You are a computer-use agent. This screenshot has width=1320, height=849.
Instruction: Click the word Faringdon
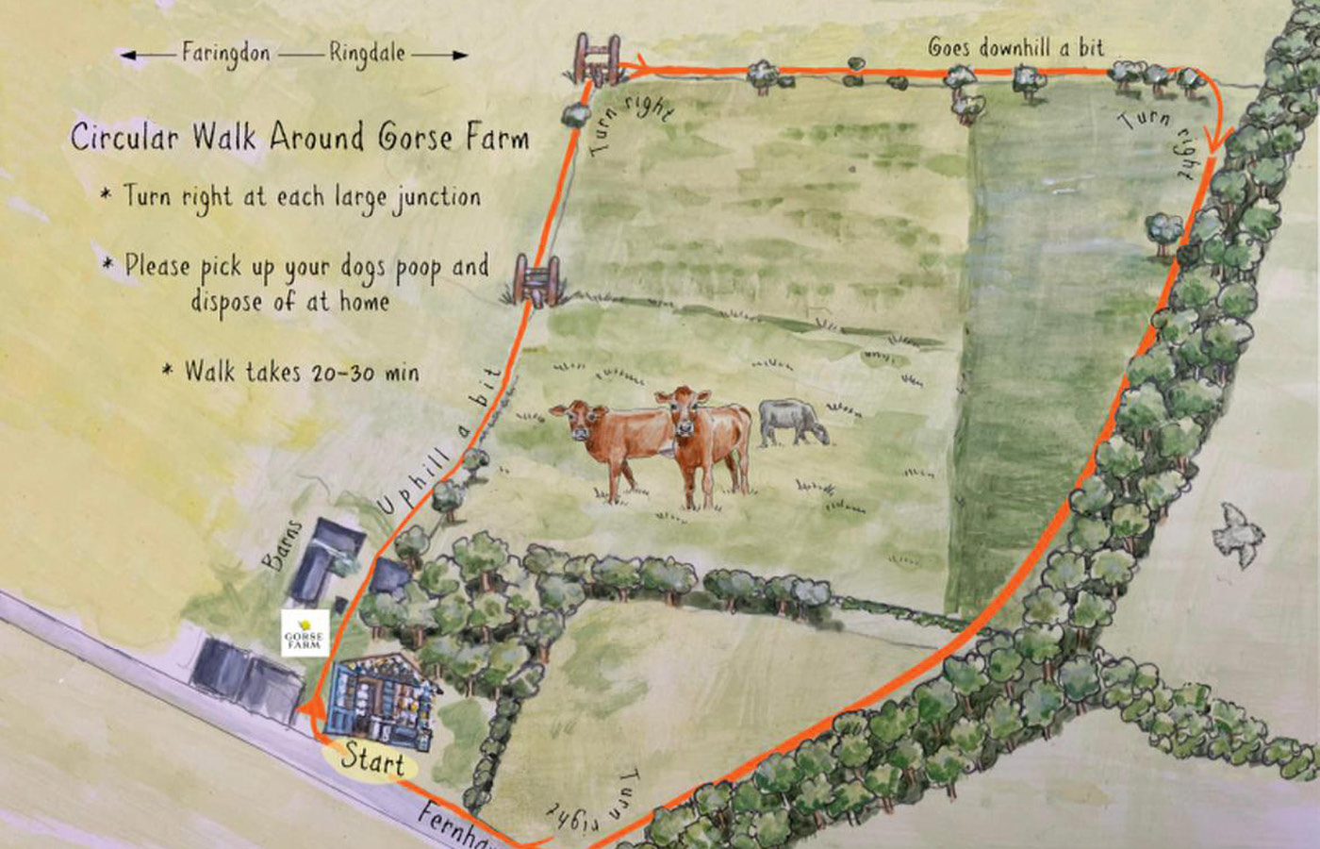(x=225, y=54)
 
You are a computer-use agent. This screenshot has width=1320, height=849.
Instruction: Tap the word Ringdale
(x=367, y=54)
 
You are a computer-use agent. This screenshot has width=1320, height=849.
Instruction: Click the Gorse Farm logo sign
(x=305, y=633)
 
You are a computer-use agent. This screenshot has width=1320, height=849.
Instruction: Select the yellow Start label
(x=371, y=758)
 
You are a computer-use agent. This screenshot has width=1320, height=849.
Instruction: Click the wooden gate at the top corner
(x=598, y=58)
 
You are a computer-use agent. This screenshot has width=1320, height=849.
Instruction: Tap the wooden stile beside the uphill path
(x=536, y=280)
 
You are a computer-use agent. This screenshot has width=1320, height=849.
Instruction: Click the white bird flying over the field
(x=1236, y=534)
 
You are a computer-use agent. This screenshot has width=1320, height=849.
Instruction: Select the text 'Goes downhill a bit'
(x=1015, y=47)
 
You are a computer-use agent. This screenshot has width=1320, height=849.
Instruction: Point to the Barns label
(x=282, y=545)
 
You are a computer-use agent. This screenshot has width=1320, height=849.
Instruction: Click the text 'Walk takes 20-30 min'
(x=301, y=371)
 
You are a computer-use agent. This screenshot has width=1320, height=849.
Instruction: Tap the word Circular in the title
(x=124, y=137)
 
